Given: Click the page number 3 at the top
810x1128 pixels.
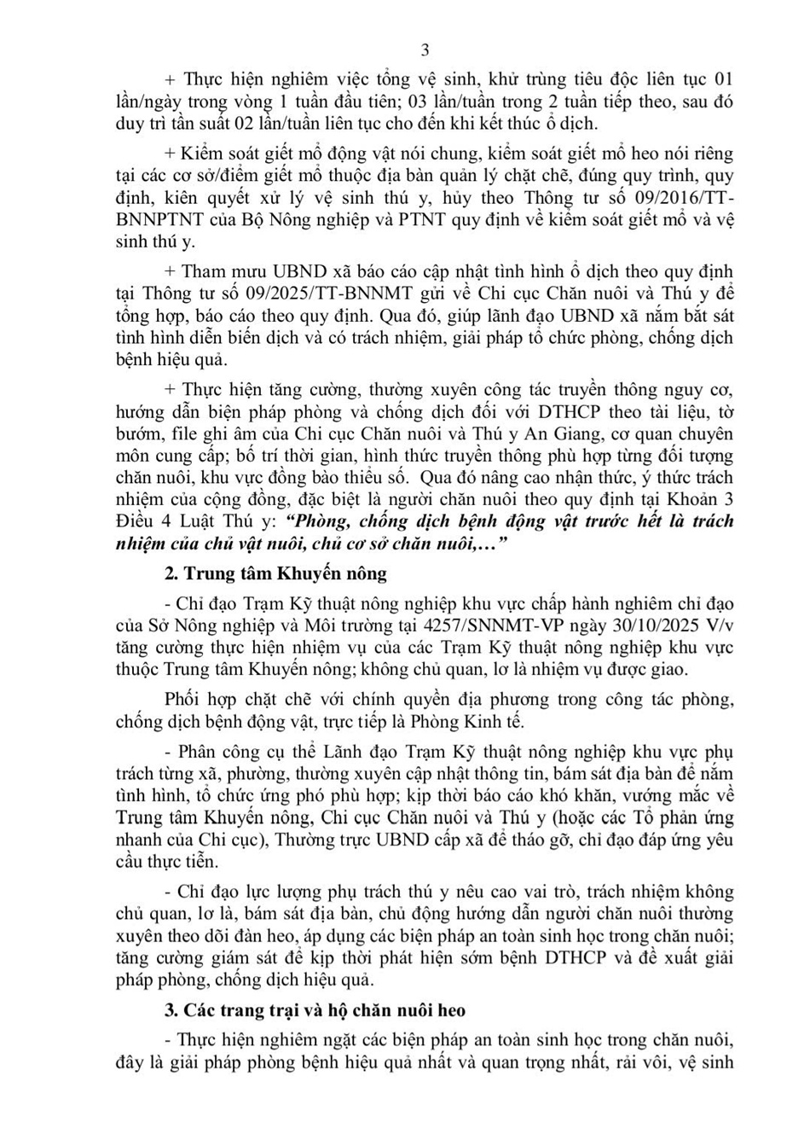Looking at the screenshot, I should [x=425, y=49].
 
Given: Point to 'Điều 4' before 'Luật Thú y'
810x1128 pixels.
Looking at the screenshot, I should [x=140, y=520].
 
